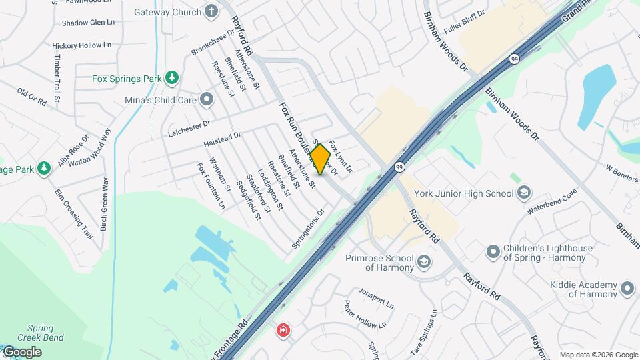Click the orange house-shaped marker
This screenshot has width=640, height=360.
320,159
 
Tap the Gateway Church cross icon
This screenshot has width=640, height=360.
211,11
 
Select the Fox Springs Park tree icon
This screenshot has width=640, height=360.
172,78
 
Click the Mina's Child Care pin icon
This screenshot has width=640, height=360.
207,100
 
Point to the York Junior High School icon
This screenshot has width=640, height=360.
525,193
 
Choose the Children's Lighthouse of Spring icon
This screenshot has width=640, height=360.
493,252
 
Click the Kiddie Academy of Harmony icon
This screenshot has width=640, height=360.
627,289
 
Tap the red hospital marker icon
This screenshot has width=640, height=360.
284,330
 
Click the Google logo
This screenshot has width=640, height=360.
21,351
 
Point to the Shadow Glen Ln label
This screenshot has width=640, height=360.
88,23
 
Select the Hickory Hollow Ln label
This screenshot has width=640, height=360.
81,45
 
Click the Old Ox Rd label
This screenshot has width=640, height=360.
31,97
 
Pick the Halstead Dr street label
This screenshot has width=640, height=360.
221,139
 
